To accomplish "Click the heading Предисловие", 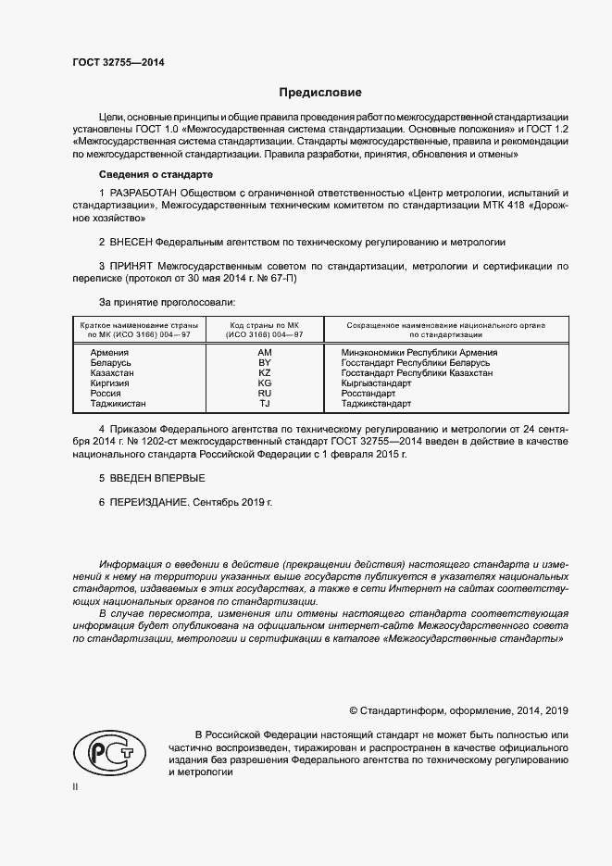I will (x=321, y=93).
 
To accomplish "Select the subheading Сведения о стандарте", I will (x=156, y=174).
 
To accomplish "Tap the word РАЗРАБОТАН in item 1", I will (x=141, y=193).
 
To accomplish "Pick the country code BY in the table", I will (x=264, y=363).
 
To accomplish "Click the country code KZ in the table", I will (x=264, y=373).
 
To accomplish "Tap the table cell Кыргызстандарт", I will (x=376, y=383).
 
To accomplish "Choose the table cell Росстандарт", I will (x=368, y=394).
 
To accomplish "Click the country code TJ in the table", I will (x=264, y=404).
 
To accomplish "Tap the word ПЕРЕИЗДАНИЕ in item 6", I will (x=149, y=501).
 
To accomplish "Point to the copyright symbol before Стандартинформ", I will (x=354, y=710).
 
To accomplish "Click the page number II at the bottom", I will (x=75, y=786).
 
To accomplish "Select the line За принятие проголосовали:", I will (x=168, y=303).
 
